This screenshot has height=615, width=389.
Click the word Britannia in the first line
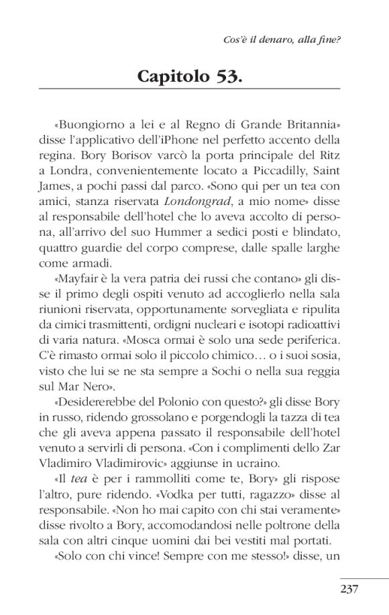click(310, 125)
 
